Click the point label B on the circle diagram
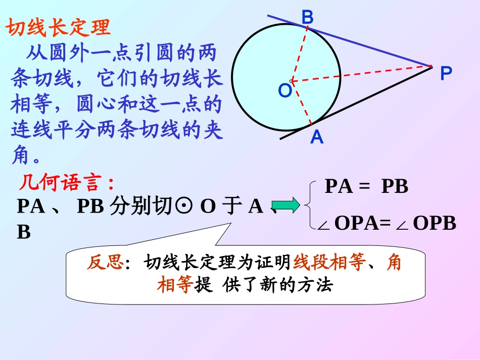[308, 17]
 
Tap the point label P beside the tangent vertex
[446, 74]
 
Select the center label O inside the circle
[284, 91]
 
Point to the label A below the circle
[317, 137]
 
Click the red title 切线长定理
[59, 28]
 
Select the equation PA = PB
[366, 187]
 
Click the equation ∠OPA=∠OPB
[387, 223]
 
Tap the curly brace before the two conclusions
[309, 205]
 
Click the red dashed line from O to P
[361, 73]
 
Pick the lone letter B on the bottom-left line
[24, 232]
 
